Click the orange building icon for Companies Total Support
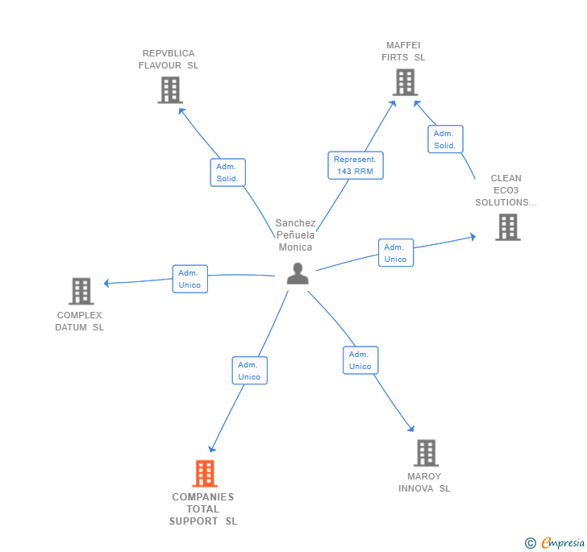coord(205,473)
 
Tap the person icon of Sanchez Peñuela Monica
coord(298,274)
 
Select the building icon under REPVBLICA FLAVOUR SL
coord(170,90)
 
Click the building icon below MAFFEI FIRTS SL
coord(404,82)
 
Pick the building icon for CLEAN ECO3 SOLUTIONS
coord(507,227)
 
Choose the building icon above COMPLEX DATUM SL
coord(81,291)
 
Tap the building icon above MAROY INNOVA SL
coord(426,453)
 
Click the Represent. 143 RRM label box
coord(356,165)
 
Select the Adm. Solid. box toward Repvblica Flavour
coord(227,172)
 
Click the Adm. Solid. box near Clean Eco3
coord(445,139)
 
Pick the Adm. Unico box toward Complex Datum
coord(189,279)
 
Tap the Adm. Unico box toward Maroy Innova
coord(360,360)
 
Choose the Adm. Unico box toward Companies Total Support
coord(249,371)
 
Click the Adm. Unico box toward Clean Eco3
coord(395,253)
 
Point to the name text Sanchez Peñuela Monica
coord(295,235)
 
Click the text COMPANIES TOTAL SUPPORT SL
coord(203,509)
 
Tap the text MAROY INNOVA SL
coord(424,483)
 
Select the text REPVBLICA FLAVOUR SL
coord(169,60)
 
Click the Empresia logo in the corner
coord(555,542)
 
